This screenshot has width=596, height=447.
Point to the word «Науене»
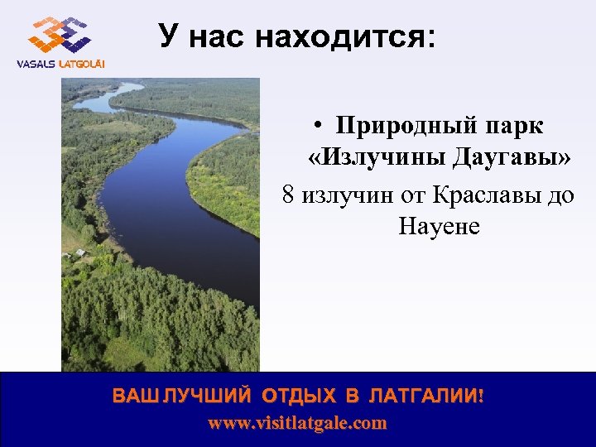tap(439, 225)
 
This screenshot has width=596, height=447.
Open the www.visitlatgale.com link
tap(297, 423)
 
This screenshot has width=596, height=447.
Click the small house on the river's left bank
tap(80, 252)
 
